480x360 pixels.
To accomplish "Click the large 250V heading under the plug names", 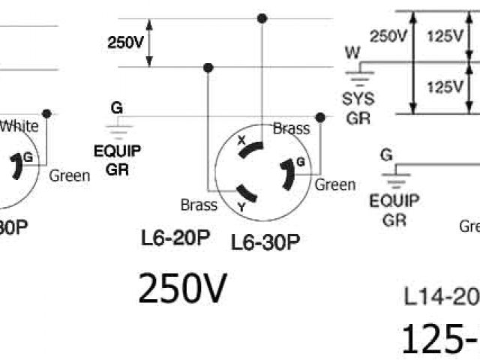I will point(181,289).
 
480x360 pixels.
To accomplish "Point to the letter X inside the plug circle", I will point(241,140).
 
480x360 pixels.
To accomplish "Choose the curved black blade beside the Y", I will point(250,195).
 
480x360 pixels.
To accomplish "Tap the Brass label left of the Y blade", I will point(199,204).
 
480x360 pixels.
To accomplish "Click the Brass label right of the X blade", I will point(291,128).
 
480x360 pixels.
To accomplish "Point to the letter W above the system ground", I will point(352,52).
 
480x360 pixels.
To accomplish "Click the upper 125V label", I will point(444,35).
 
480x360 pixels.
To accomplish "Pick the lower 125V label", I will point(444,87).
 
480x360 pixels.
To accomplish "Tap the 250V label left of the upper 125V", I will point(389,35).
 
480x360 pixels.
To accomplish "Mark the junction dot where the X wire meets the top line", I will point(261,18).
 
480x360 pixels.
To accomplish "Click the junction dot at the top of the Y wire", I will point(208,67).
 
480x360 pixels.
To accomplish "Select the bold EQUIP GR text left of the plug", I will point(117,160).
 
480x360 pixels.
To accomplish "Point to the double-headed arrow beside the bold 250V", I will point(149,43).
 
